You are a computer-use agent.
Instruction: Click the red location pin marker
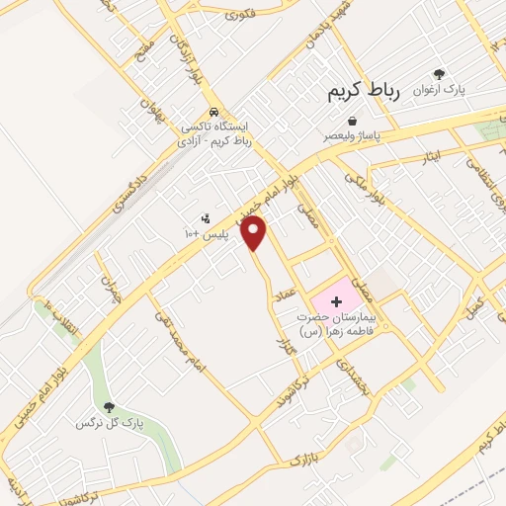255,234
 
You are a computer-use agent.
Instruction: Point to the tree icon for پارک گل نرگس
109,407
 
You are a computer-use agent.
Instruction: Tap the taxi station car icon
215,112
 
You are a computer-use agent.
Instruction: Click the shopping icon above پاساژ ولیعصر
353,122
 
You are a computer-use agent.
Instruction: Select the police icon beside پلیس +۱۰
206,218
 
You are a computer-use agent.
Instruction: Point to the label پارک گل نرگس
110,423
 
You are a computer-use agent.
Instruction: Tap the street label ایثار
428,156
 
